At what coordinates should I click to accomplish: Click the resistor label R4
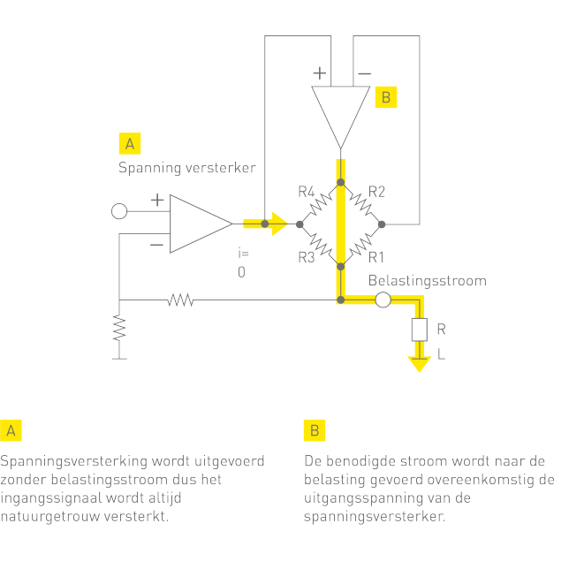pos(307,191)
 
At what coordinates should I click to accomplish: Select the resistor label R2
pos(376,191)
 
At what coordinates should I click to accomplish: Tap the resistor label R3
pos(307,258)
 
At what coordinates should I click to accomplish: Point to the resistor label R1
pos(376,258)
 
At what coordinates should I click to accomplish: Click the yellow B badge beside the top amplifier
pos(385,97)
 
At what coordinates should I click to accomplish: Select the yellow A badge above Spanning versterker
pos(129,143)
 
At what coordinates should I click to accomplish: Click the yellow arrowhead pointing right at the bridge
pos(279,224)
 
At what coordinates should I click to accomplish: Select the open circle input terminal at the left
pos(119,211)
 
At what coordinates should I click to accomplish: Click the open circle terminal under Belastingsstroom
pos(383,300)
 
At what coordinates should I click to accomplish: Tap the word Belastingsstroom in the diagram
pos(428,281)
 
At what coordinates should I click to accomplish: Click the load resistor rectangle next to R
pos(419,330)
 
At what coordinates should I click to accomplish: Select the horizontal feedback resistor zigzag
pos(180,300)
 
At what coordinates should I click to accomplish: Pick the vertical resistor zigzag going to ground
pos(119,330)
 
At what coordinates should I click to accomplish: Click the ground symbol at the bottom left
pos(119,358)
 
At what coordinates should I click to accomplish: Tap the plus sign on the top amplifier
pos(319,73)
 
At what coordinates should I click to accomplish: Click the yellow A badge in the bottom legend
pos(11,430)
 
